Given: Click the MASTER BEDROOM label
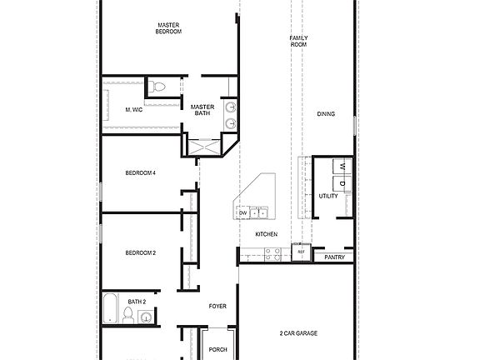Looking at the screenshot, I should (x=169, y=28).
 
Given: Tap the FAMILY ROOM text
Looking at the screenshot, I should (x=298, y=41).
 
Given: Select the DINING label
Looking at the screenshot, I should (x=326, y=114).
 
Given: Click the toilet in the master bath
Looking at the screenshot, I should (x=159, y=86).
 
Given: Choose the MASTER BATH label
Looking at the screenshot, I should (x=202, y=110).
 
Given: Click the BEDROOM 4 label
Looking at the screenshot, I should (x=141, y=172).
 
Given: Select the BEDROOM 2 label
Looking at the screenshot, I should (x=141, y=252).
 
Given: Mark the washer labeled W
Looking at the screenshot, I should (x=342, y=166).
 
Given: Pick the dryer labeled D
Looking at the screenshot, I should (x=342, y=182).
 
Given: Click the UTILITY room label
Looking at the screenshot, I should (x=327, y=196).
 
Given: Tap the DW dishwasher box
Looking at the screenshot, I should (x=243, y=213).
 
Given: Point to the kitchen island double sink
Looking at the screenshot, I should (x=260, y=213).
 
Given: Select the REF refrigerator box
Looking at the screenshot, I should (x=301, y=251).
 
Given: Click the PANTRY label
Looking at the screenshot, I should (x=335, y=257).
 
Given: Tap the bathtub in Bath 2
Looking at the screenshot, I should (x=110, y=309).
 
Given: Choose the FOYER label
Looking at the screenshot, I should (x=217, y=307).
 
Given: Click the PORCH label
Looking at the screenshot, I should (x=217, y=349).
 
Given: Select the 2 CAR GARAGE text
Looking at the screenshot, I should (x=297, y=333).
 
